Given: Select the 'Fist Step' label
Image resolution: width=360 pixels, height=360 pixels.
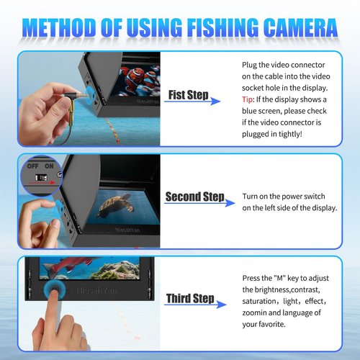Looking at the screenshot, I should pyautogui.click(x=189, y=96).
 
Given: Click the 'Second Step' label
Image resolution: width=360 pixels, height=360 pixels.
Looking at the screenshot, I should pyautogui.click(x=195, y=197).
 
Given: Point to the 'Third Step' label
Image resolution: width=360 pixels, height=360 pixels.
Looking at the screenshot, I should pyautogui.click(x=189, y=298).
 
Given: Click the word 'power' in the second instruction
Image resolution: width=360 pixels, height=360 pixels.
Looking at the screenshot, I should pyautogui.click(x=292, y=197).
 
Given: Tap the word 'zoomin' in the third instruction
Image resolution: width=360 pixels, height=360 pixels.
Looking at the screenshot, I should pyautogui.click(x=257, y=313).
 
